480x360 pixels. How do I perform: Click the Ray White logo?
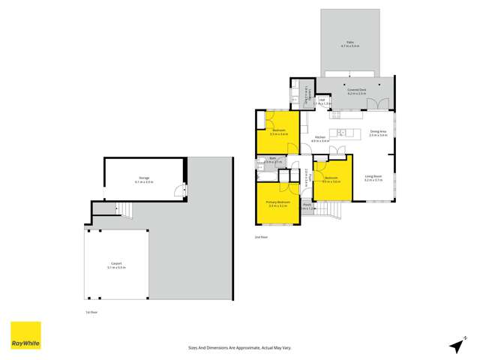coord(25,336)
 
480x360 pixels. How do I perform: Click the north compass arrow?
coord(455,344)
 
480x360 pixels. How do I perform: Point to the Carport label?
coord(116,265)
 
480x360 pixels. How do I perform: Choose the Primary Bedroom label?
coord(278,204)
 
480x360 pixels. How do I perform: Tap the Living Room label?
coord(373,178)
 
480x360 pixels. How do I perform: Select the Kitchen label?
coord(320,139)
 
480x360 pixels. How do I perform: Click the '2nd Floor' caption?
coord(261,237)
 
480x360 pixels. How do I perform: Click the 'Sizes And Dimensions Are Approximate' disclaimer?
coord(238,348)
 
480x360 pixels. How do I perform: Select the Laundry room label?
coord(310,93)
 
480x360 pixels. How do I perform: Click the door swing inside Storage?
coord(178,190)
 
